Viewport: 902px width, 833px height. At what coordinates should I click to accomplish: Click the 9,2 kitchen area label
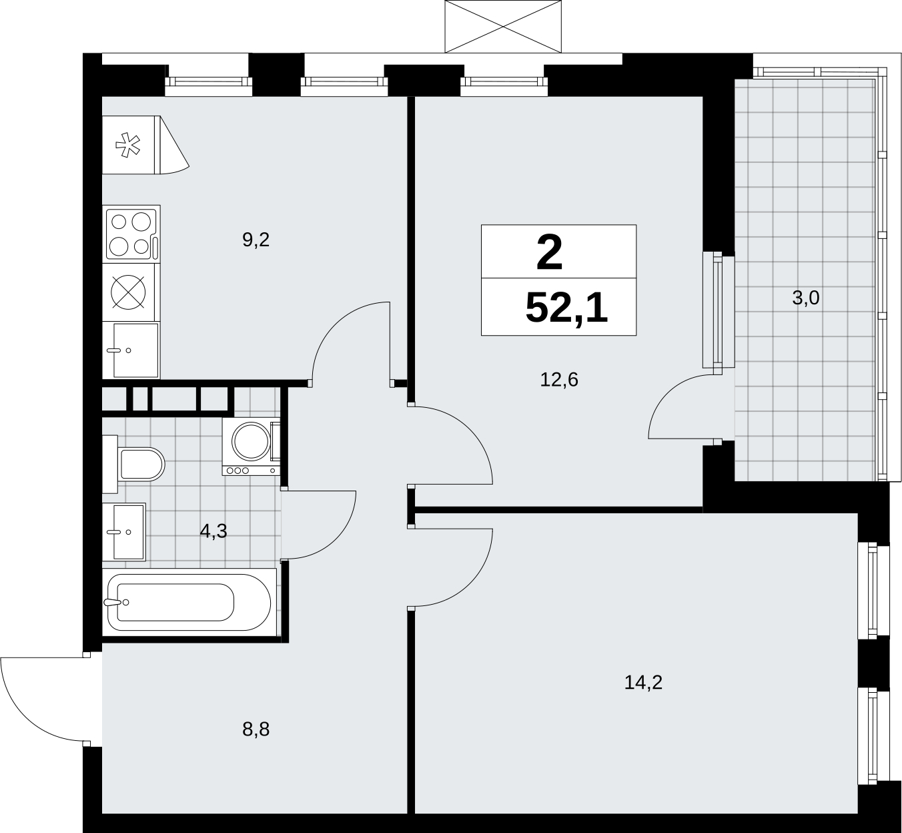[x=256, y=240]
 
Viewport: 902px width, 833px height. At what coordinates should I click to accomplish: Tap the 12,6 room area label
[x=559, y=380]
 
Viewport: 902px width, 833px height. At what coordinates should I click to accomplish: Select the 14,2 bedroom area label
[x=644, y=683]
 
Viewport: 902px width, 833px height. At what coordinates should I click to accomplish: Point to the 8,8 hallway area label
[x=256, y=730]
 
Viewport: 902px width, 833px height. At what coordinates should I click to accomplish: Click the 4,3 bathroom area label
[x=213, y=531]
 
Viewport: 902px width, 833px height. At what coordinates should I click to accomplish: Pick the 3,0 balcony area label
[x=806, y=298]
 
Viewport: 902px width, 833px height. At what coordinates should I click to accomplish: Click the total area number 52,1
[x=566, y=308]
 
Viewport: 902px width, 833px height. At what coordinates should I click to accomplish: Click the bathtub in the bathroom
[x=189, y=603]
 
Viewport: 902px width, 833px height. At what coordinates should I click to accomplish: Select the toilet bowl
[x=141, y=464]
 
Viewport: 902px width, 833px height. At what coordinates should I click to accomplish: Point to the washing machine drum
[x=251, y=441]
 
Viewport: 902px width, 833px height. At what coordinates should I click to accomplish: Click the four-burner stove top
[x=131, y=234]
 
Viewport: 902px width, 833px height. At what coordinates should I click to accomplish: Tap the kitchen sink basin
[x=135, y=350]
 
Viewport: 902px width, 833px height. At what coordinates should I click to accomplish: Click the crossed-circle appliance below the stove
[x=129, y=292]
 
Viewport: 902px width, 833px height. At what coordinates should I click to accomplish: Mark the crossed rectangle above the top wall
[x=503, y=26]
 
